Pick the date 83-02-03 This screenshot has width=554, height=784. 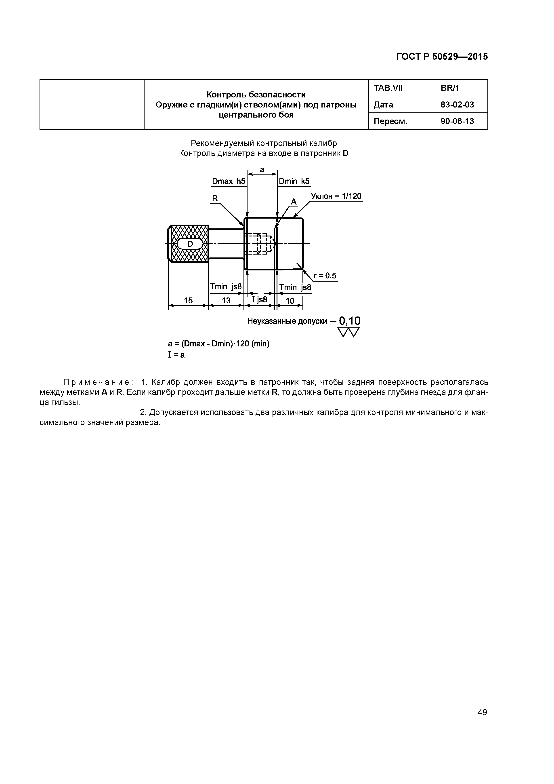(x=457, y=105)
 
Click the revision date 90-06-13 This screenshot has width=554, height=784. (x=457, y=121)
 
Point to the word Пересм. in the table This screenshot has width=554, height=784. (x=390, y=121)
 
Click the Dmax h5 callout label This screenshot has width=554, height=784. (x=228, y=181)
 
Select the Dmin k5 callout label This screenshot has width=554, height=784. (x=294, y=181)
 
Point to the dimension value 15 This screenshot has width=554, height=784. (x=188, y=301)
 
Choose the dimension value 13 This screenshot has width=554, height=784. (x=226, y=301)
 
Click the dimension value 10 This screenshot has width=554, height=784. (x=290, y=301)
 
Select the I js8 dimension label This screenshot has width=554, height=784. (x=259, y=299)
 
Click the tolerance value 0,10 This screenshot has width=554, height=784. (x=350, y=321)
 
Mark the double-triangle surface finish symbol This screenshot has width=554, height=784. (x=348, y=332)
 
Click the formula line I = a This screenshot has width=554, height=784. (x=176, y=355)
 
